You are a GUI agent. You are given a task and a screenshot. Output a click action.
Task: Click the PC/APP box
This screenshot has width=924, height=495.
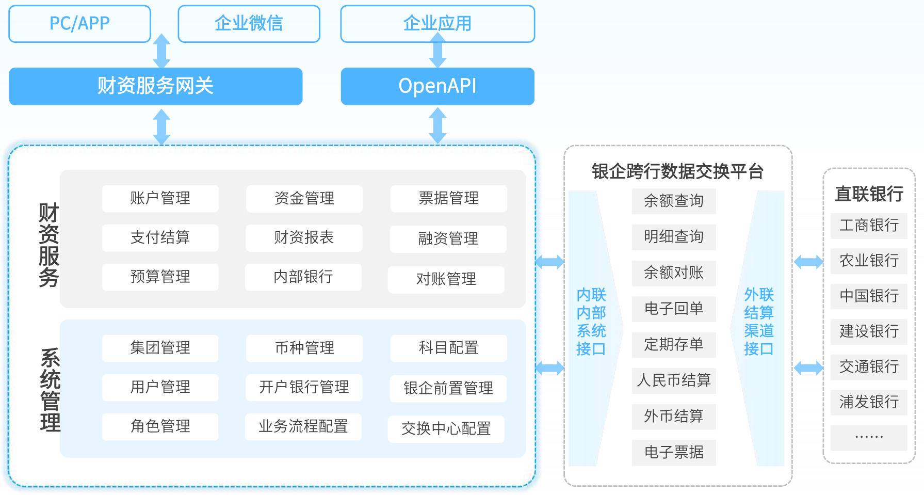[x=79, y=24]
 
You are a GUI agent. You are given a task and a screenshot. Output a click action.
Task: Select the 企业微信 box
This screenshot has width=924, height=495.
[x=249, y=24]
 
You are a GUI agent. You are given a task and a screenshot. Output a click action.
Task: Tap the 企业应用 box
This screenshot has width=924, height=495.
[x=437, y=24]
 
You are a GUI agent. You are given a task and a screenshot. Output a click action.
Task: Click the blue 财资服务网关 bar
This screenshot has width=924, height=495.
[x=155, y=86]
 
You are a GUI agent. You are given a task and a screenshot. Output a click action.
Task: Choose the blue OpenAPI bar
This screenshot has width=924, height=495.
[x=437, y=86]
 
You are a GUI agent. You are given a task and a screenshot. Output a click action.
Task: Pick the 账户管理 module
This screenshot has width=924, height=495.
[x=160, y=199]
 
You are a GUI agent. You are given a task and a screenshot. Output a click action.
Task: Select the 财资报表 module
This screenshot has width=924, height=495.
[x=304, y=238]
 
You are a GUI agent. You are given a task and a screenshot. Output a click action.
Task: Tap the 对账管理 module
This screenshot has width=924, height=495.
[x=446, y=279]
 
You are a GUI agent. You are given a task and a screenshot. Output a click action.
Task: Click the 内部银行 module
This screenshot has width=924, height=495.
[x=303, y=277]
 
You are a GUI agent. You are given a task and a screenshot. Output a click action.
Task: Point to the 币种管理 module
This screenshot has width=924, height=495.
[x=304, y=348]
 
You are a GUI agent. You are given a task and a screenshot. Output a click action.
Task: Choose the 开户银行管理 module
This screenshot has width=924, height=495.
[x=304, y=388]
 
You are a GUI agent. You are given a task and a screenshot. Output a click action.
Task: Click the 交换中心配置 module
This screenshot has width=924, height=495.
[x=446, y=429]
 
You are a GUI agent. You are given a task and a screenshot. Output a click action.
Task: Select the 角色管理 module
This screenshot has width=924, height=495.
[x=160, y=427]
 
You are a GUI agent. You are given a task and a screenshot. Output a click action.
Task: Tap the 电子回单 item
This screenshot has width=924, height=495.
[x=673, y=309]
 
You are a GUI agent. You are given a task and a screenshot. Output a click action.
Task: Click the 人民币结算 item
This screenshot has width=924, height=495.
[x=673, y=380]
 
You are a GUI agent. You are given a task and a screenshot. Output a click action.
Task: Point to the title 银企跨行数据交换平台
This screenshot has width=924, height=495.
[x=677, y=171]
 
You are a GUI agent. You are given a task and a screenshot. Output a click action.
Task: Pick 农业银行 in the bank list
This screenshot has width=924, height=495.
[x=869, y=261]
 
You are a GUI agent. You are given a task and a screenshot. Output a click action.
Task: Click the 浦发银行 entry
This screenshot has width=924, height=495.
[x=869, y=402]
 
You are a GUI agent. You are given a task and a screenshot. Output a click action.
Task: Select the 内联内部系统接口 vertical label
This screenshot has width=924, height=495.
[x=591, y=322]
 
